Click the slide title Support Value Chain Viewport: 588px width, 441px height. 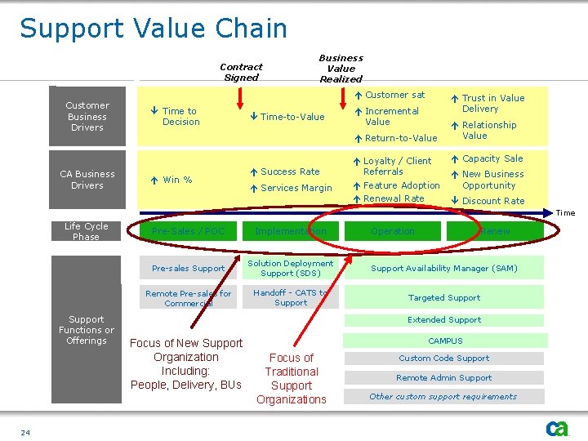coord(154,29)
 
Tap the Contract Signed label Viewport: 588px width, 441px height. coord(241,72)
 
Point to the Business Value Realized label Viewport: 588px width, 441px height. coord(341,69)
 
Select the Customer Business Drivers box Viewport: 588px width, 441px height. coord(87,117)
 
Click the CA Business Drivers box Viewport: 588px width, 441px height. coord(87,180)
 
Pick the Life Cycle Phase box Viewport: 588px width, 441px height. coord(87,231)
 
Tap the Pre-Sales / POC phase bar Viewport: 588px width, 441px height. coord(188,231)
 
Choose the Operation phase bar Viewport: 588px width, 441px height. coord(393,231)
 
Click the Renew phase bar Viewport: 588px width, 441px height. coord(495,231)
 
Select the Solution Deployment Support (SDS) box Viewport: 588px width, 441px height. coord(291,268)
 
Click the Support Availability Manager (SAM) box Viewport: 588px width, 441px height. coord(444,268)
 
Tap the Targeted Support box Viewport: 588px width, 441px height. coord(444,298)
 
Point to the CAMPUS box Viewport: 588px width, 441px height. coord(445,341)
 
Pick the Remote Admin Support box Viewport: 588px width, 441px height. coord(444,377)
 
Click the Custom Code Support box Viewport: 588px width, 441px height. coord(444,358)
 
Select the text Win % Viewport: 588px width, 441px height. coord(177,180)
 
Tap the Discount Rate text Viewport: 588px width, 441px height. coord(493,201)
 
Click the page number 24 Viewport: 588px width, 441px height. coord(25,432)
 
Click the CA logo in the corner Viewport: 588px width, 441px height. coord(558,428)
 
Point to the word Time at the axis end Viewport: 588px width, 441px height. coord(565,213)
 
